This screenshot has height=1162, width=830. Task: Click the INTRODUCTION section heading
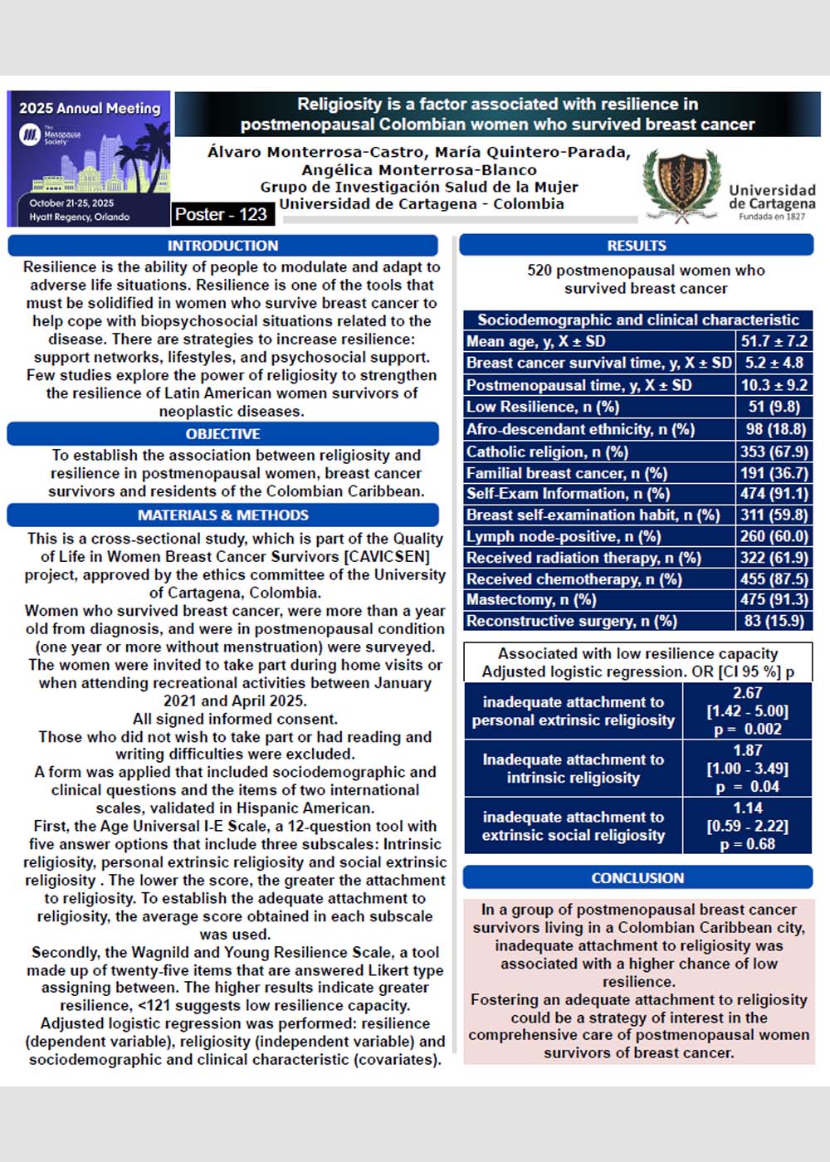[222, 246]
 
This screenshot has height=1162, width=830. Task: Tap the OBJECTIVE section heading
[222, 434]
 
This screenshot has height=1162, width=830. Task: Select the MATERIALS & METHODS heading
[222, 515]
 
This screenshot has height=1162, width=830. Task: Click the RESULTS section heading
[637, 246]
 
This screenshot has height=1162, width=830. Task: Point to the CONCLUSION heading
[637, 878]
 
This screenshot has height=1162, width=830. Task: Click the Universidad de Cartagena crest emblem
[682, 184]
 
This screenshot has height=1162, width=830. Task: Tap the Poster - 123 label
[220, 214]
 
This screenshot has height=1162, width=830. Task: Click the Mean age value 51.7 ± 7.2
[774, 341]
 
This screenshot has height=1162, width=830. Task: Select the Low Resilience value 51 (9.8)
[774, 407]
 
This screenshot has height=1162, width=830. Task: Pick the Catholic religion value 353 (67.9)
[774, 452]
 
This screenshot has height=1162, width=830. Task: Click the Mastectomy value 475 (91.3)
[774, 599]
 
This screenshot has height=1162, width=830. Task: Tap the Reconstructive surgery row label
[572, 621]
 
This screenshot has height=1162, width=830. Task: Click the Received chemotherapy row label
[574, 579]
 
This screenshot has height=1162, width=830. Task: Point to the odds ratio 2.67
[747, 693]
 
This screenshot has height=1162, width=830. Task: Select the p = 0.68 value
[747, 844]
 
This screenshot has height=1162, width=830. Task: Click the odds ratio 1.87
[747, 750]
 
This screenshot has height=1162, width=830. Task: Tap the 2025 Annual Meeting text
[90, 108]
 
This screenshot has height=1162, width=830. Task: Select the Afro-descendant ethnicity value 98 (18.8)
[774, 429]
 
